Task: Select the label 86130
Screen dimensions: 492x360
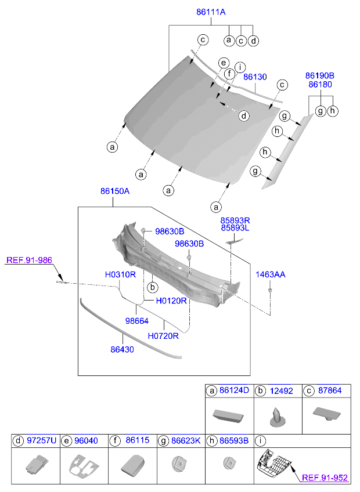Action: [x=255, y=77]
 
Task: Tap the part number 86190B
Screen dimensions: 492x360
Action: [x=321, y=75]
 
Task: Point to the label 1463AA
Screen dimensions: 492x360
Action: [x=271, y=274]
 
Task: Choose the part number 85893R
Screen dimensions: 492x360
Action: [x=235, y=220]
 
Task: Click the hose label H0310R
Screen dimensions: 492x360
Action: [x=120, y=274]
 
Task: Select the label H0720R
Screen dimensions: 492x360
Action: [x=163, y=335]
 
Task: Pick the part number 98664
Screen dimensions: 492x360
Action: [x=137, y=320]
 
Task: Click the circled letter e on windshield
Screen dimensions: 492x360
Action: [x=222, y=63]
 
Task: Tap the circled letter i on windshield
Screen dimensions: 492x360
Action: [x=239, y=67]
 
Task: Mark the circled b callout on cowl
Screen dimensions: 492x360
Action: [x=152, y=287]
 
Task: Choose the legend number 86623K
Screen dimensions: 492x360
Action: [x=186, y=441]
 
